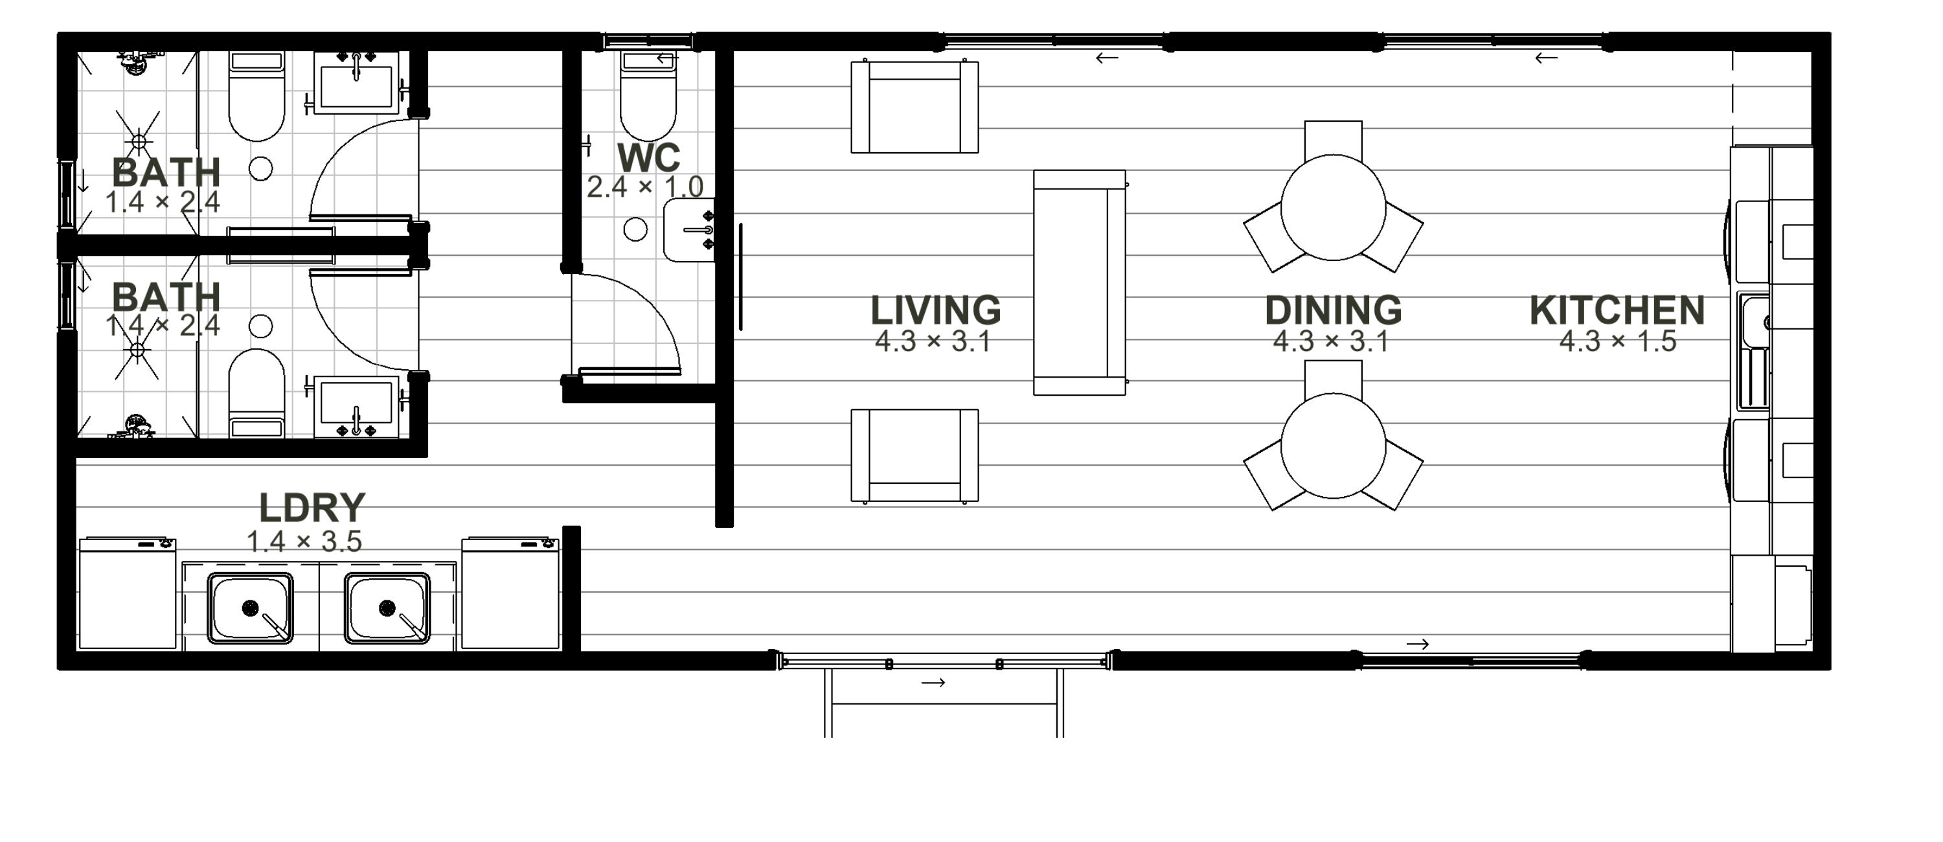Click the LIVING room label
[x=936, y=310]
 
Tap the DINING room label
[x=1334, y=310]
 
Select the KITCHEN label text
[x=1617, y=310]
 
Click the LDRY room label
[x=312, y=508]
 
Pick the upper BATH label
[x=166, y=173]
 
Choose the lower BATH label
[x=166, y=297]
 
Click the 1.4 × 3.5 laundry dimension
[x=304, y=541]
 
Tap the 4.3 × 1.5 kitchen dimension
[x=1618, y=341]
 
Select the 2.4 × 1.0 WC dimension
[x=646, y=187]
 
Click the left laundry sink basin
[x=251, y=608]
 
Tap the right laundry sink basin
[x=387, y=608]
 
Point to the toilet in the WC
[x=648, y=96]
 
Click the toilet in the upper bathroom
[x=256, y=97]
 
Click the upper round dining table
[x=1334, y=207]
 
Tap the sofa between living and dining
[x=1080, y=282]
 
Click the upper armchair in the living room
[x=915, y=107]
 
